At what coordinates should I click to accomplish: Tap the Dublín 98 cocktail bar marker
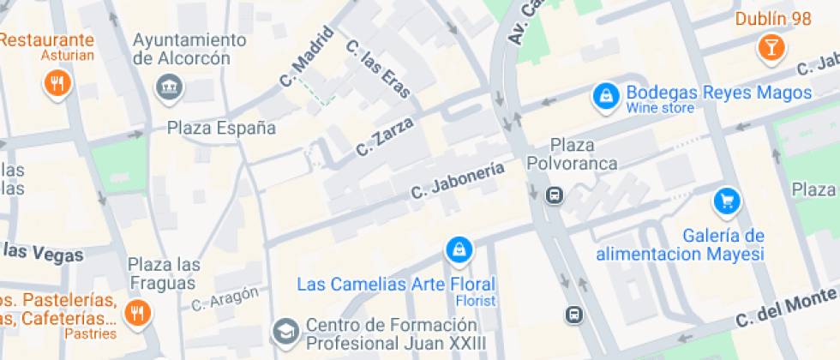coord(771,47)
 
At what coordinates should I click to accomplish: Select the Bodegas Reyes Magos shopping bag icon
coord(606,97)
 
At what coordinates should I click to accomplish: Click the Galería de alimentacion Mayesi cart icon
coord(727,202)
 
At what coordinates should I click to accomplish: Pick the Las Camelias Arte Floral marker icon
coord(459,249)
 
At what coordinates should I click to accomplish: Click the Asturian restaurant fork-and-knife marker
coord(57,83)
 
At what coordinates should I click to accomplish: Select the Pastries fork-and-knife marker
coord(136,314)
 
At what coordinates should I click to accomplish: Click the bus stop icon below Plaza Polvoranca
coord(555,195)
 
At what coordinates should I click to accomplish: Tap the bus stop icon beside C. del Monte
coord(573,315)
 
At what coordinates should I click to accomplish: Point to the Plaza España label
coord(221,129)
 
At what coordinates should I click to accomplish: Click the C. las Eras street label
coord(377,69)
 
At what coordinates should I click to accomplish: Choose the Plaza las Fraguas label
coord(164,273)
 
